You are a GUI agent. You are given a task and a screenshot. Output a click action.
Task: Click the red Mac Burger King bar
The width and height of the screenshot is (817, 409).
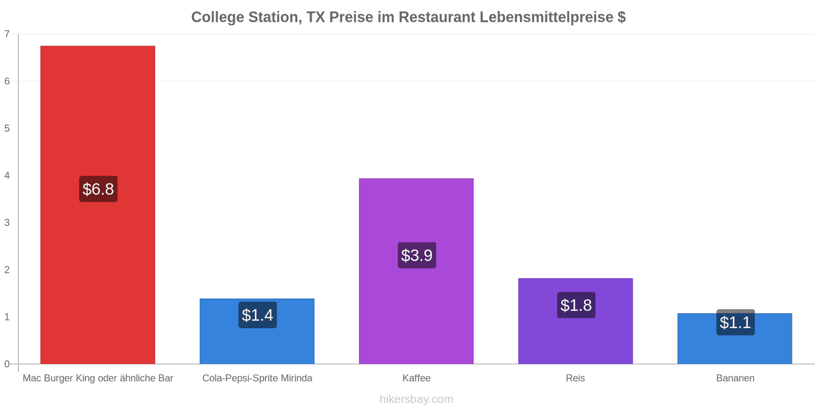click(x=98, y=205)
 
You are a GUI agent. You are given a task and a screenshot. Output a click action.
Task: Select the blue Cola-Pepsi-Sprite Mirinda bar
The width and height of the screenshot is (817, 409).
click(x=257, y=331)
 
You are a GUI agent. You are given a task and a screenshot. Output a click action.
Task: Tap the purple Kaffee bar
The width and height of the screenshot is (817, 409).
click(x=416, y=271)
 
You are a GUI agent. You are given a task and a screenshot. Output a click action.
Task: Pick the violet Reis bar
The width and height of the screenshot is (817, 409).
click(x=575, y=321)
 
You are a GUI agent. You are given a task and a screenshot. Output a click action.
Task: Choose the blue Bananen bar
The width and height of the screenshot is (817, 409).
click(x=735, y=338)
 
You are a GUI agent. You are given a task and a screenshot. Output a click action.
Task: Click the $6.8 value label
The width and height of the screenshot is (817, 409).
click(x=98, y=189)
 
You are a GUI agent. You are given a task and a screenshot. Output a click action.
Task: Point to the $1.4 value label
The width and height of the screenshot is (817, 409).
click(x=257, y=315)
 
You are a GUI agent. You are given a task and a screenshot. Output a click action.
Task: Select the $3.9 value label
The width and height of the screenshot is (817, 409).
click(x=417, y=255)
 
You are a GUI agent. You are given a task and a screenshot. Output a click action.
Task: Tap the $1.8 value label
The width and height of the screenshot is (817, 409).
click(x=576, y=305)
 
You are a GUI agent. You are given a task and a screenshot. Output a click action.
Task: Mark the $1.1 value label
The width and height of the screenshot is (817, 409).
click(x=736, y=322)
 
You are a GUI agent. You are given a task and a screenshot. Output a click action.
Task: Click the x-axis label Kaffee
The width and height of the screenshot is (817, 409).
click(x=417, y=378)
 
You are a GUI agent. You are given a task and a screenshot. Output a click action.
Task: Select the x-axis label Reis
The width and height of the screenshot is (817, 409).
click(x=575, y=378)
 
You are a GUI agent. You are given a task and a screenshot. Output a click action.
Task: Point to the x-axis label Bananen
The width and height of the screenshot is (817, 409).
click(x=735, y=378)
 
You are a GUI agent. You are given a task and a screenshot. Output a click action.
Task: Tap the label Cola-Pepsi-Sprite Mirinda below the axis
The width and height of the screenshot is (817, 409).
click(x=257, y=378)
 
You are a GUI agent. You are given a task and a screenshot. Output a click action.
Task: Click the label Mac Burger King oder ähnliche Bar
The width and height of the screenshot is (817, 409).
click(x=98, y=378)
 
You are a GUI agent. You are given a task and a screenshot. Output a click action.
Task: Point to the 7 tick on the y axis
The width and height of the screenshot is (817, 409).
click(x=7, y=34)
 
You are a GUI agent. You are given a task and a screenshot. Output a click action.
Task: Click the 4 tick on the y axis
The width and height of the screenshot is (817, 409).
click(x=7, y=176)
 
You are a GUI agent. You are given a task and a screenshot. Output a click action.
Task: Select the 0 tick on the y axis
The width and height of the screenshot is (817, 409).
click(x=7, y=364)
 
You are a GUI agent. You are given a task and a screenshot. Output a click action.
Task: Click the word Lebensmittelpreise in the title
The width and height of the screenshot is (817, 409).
click(x=546, y=17)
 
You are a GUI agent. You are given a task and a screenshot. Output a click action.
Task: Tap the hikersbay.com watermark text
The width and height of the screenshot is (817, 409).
click(x=416, y=399)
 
